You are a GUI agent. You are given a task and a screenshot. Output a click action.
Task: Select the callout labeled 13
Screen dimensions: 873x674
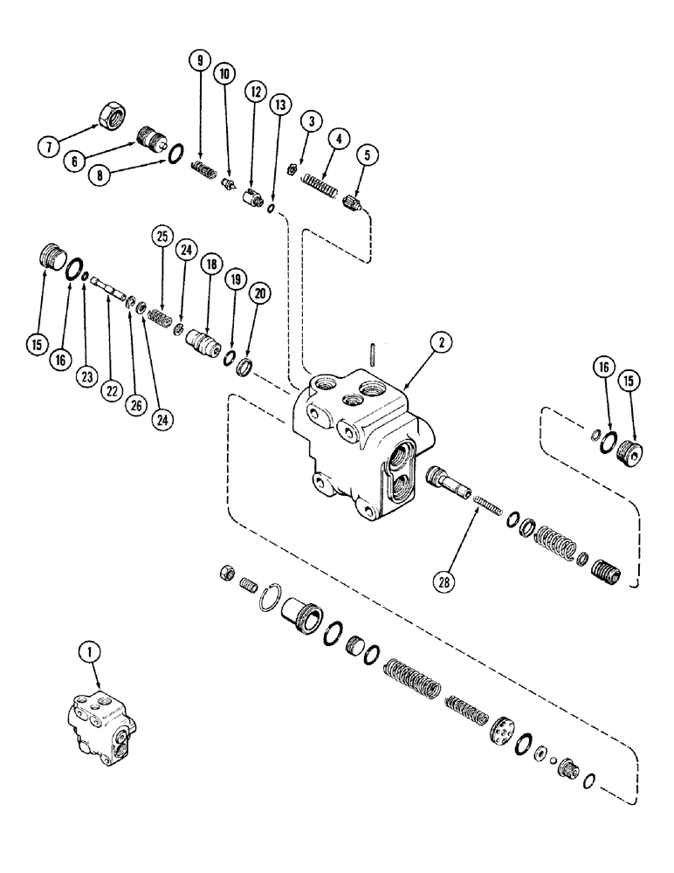point(279,105)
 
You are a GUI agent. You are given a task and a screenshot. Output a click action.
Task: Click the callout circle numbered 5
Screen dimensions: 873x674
point(364,157)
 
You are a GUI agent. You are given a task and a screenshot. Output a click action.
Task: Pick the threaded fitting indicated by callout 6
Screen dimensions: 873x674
point(153,139)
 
